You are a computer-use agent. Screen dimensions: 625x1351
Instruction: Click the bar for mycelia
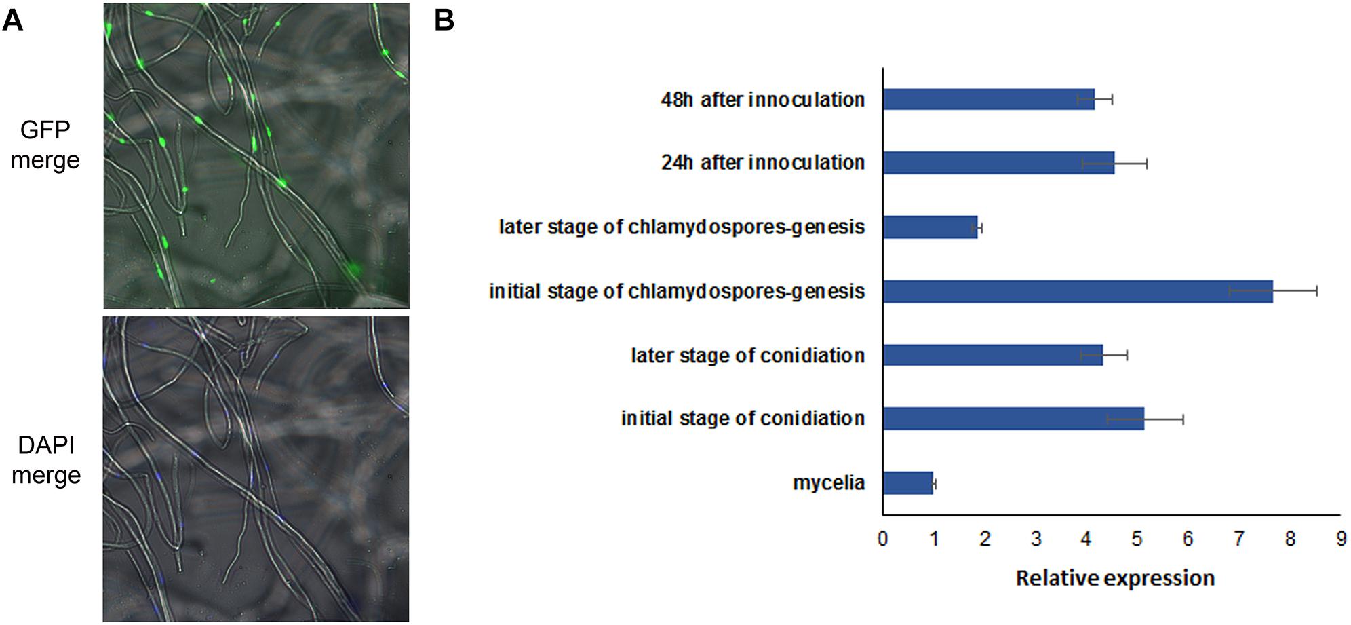pos(907,483)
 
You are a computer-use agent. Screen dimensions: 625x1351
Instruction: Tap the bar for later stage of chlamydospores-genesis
pos(930,227)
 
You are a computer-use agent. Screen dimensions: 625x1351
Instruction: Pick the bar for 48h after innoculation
pos(988,99)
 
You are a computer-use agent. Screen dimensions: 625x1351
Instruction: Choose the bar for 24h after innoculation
pos(998,163)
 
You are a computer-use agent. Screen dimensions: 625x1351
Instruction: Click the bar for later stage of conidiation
pos(992,355)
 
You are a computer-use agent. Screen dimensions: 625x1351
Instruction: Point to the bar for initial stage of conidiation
pos(1013,419)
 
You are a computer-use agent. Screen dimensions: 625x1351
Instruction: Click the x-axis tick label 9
pos(1341,539)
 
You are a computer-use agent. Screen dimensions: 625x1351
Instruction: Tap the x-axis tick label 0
pos(882,539)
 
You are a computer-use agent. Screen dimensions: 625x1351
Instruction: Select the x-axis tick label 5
pos(1137,539)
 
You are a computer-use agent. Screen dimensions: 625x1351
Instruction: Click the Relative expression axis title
pos(1115,578)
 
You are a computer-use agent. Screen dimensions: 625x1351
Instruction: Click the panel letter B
pos(444,20)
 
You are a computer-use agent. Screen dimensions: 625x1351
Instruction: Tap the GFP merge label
pos(45,145)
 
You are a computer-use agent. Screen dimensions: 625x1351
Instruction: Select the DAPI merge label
pos(46,460)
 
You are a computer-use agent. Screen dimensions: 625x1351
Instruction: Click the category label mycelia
pos(829,483)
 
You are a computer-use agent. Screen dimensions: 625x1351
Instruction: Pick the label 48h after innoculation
pos(763,100)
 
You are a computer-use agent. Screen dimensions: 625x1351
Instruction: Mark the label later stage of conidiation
pos(747,356)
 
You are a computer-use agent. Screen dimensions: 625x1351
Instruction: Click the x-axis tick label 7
pos(1239,539)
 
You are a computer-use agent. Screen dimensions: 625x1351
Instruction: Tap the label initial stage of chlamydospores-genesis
pos(677,292)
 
